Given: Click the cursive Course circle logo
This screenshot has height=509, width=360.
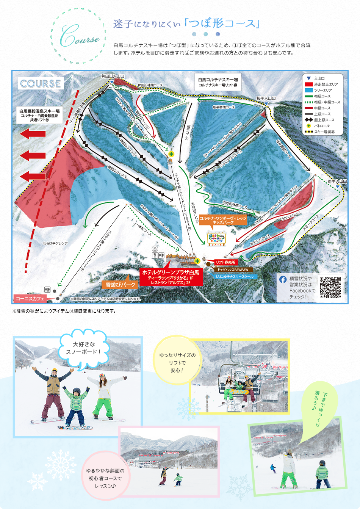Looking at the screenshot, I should (78, 36).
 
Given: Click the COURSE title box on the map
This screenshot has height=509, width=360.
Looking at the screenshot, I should (41, 84).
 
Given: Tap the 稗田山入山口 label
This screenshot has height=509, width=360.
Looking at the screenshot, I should (113, 77).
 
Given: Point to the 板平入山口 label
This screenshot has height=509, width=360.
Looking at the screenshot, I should (266, 99).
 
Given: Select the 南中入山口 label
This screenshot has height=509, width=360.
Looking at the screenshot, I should (337, 182).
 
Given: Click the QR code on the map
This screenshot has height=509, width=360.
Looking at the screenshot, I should (330, 288).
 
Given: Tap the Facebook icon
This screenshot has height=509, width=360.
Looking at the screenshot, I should (283, 279).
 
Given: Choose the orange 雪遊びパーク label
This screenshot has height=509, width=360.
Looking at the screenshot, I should (121, 285).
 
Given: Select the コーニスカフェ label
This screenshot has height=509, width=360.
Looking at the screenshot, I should (30, 299).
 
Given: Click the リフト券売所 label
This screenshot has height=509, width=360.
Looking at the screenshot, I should (225, 262).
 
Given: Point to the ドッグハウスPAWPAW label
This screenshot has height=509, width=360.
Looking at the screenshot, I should (233, 270).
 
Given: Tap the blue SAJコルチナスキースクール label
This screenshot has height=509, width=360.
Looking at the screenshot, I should (235, 277).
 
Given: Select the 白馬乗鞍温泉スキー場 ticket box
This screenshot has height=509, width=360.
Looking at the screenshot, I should (39, 115).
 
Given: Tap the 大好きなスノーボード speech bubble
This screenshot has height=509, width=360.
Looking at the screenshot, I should (84, 348).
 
